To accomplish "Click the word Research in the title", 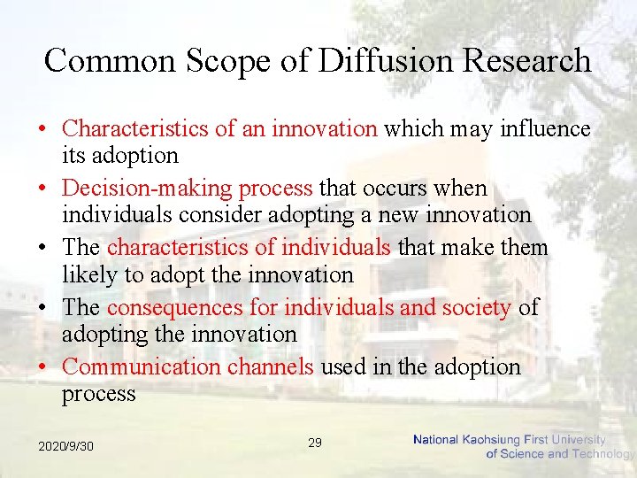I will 530,60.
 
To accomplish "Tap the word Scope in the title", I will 225,60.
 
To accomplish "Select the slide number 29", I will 315,442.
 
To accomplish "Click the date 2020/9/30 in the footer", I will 65,446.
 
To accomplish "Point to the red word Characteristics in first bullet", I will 135,129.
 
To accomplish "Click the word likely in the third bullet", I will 89,275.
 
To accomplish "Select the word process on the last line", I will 98,394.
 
